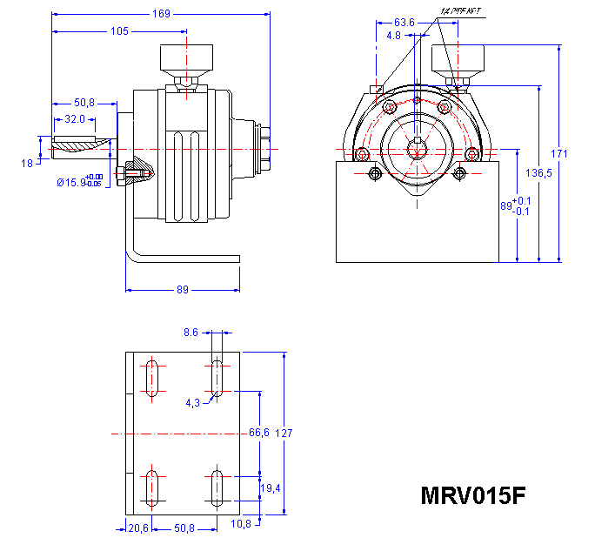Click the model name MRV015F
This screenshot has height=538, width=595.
tap(473, 495)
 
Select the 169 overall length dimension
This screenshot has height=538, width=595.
tap(161, 14)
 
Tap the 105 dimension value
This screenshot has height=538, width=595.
tap(118, 31)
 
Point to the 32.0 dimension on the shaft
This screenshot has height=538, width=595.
tap(74, 118)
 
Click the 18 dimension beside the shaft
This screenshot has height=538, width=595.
tap(26, 163)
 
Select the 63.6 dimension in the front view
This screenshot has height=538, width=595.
tap(404, 22)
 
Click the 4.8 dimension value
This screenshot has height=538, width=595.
tap(393, 37)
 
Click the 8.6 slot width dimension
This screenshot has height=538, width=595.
tap(191, 332)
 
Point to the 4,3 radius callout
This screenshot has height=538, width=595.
tap(193, 402)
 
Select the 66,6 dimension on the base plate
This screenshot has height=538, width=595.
tap(259, 432)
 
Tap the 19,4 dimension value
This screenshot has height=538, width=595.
tap(271, 489)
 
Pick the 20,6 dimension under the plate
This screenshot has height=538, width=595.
tap(138, 528)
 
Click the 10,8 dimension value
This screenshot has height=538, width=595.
tap(240, 522)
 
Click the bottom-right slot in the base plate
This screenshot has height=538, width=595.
tap(215, 488)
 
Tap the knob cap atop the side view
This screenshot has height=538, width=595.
tap(185, 59)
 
